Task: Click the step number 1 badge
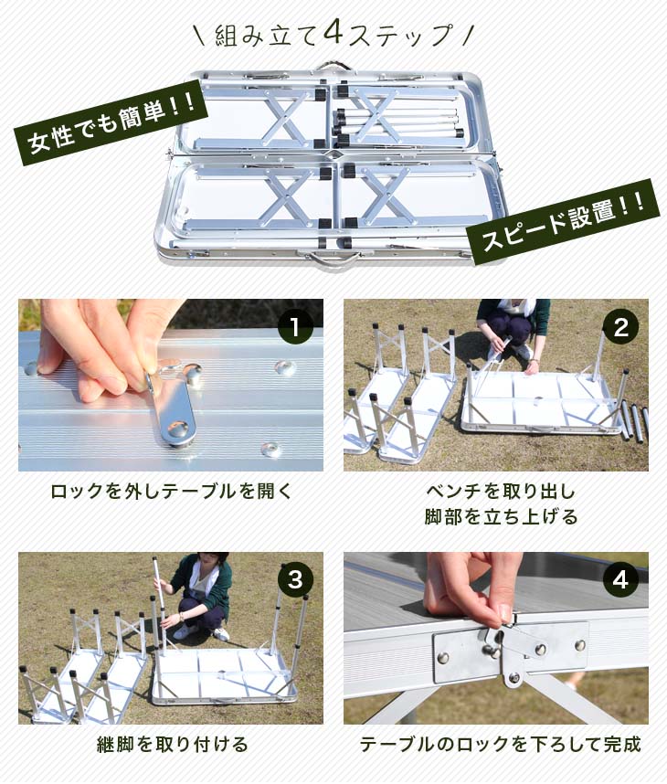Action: (x=295, y=327)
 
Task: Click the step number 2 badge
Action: (x=620, y=327)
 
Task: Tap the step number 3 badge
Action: (x=295, y=580)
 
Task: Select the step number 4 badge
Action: (x=620, y=580)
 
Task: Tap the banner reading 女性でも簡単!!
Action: (x=111, y=122)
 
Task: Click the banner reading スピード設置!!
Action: (x=563, y=221)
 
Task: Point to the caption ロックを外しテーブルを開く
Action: (x=171, y=492)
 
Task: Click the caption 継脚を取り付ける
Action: (x=172, y=744)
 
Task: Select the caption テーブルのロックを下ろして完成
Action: (x=500, y=744)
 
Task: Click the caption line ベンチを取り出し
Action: (x=501, y=492)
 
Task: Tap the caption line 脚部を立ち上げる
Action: (x=501, y=516)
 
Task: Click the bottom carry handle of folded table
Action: (x=331, y=260)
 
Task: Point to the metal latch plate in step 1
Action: (x=172, y=405)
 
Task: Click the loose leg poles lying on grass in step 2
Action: (x=634, y=421)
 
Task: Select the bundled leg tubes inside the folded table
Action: (x=397, y=124)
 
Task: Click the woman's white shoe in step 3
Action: (x=220, y=634)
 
